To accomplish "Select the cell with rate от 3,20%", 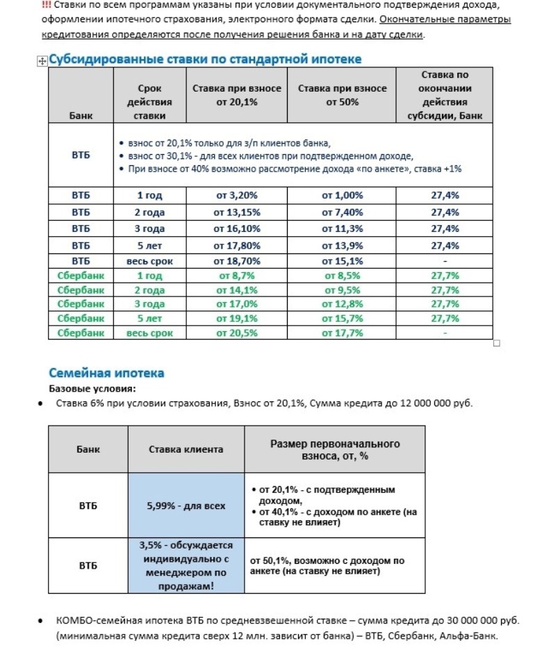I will [236, 196].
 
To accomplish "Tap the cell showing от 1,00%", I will [342, 196].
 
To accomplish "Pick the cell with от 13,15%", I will [236, 212].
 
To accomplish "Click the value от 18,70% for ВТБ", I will [236, 261].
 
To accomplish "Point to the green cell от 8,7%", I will [236, 276].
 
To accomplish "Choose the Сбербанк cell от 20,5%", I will [236, 333].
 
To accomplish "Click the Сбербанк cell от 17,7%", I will [342, 333].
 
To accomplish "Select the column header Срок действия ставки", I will [150, 102].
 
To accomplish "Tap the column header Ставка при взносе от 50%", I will [342, 95].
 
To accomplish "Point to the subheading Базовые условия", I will [87, 389].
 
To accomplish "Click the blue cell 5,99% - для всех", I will [186, 506].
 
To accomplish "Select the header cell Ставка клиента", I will [186, 450].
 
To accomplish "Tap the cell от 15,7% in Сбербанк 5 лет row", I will [342, 319].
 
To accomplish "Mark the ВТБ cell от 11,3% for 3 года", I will [342, 228].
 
